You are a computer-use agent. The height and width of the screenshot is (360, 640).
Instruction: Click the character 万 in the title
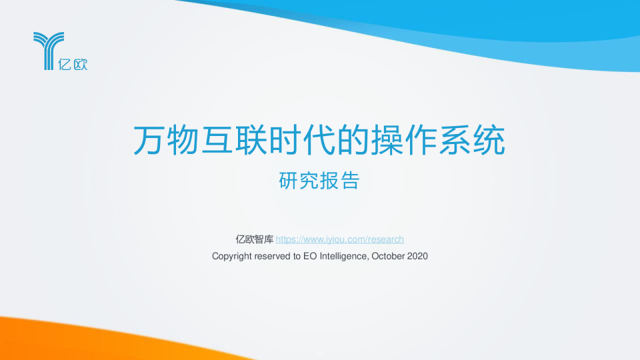(x=149, y=141)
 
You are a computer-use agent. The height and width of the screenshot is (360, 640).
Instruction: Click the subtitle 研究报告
(x=319, y=181)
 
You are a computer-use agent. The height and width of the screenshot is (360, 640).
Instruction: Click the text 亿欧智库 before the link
(x=255, y=239)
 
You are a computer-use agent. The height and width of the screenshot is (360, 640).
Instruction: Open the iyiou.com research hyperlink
(x=340, y=239)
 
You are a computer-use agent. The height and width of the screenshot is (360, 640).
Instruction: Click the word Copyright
(x=231, y=256)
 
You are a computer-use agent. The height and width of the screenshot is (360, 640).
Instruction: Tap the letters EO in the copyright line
(x=310, y=256)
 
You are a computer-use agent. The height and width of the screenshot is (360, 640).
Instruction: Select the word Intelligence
(x=344, y=256)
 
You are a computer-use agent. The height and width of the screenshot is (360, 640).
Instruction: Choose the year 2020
(x=417, y=256)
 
